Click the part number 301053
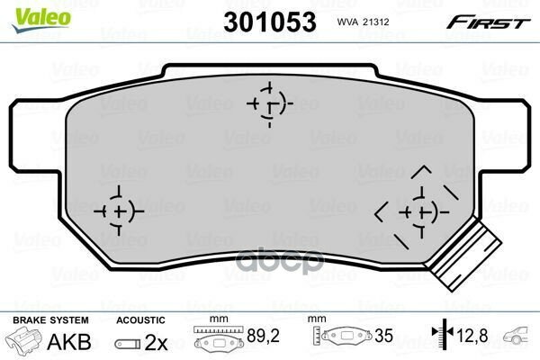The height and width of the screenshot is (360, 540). pyautogui.click(x=270, y=22)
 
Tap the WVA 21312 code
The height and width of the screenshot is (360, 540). pyautogui.click(x=363, y=22)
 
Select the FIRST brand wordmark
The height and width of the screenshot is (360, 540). pyautogui.click(x=489, y=22)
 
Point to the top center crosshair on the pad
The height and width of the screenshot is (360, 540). pyautogui.click(x=270, y=104)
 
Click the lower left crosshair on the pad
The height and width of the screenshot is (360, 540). pyautogui.click(x=119, y=211)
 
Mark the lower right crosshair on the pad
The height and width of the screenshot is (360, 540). pyautogui.click(x=423, y=211)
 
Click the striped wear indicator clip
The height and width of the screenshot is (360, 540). pyautogui.click(x=465, y=256)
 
